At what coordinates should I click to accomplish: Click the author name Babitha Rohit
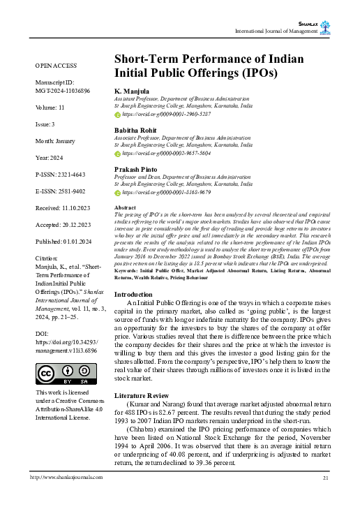[137, 130]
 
